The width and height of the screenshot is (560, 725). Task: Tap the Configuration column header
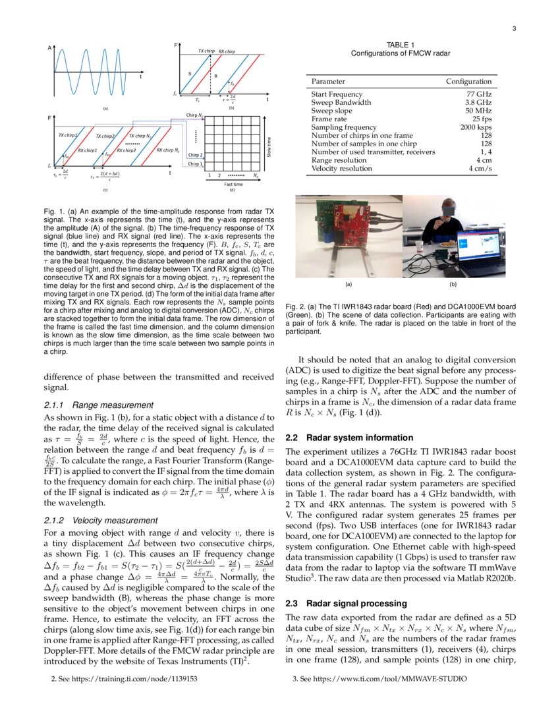468,82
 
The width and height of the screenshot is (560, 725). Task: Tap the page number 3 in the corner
514,28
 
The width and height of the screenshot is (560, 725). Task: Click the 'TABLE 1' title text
401,45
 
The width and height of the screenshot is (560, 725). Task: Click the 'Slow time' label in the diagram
268,146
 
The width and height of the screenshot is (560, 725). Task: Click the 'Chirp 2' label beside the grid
196,155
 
